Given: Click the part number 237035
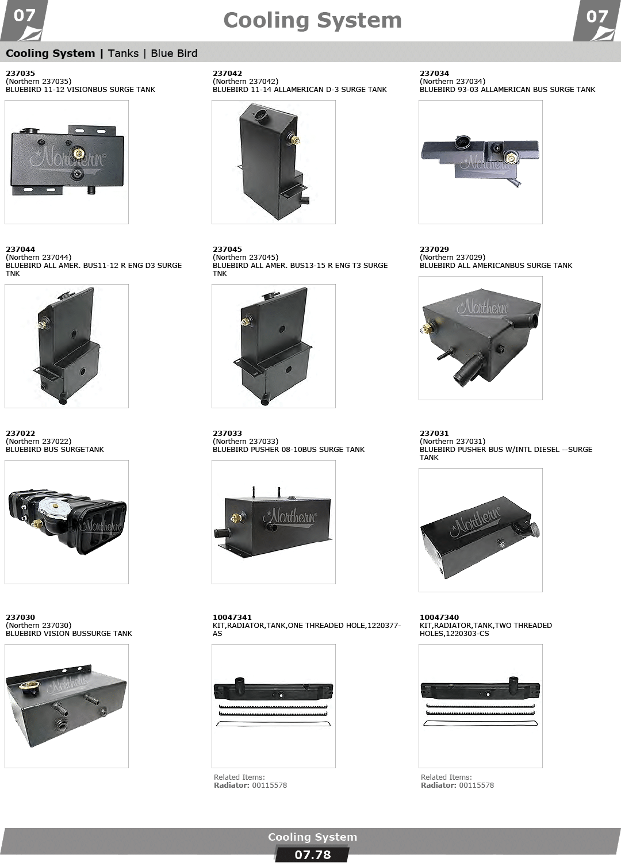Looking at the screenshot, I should (x=20, y=73).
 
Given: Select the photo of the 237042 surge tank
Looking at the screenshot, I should (x=273, y=162).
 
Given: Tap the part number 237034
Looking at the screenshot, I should (x=434, y=73).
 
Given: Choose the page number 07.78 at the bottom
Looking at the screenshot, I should (x=312, y=854).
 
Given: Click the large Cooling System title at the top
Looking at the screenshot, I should (x=312, y=21).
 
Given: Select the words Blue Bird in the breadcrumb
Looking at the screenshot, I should (x=174, y=53).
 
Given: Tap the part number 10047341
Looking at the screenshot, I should (x=232, y=617).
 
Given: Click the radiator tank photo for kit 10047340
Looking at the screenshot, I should (x=480, y=706).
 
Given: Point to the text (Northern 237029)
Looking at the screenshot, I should (x=453, y=257).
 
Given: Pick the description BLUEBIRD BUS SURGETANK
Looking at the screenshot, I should (x=55, y=449).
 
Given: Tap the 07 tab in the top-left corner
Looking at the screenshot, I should (x=24, y=16).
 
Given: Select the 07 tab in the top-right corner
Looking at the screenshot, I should (x=596, y=16).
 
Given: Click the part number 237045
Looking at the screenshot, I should (x=227, y=249).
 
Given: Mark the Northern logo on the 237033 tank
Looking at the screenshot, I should (x=292, y=516).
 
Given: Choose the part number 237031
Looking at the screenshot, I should (x=434, y=433).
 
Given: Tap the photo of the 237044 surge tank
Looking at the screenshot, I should (x=66, y=346).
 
